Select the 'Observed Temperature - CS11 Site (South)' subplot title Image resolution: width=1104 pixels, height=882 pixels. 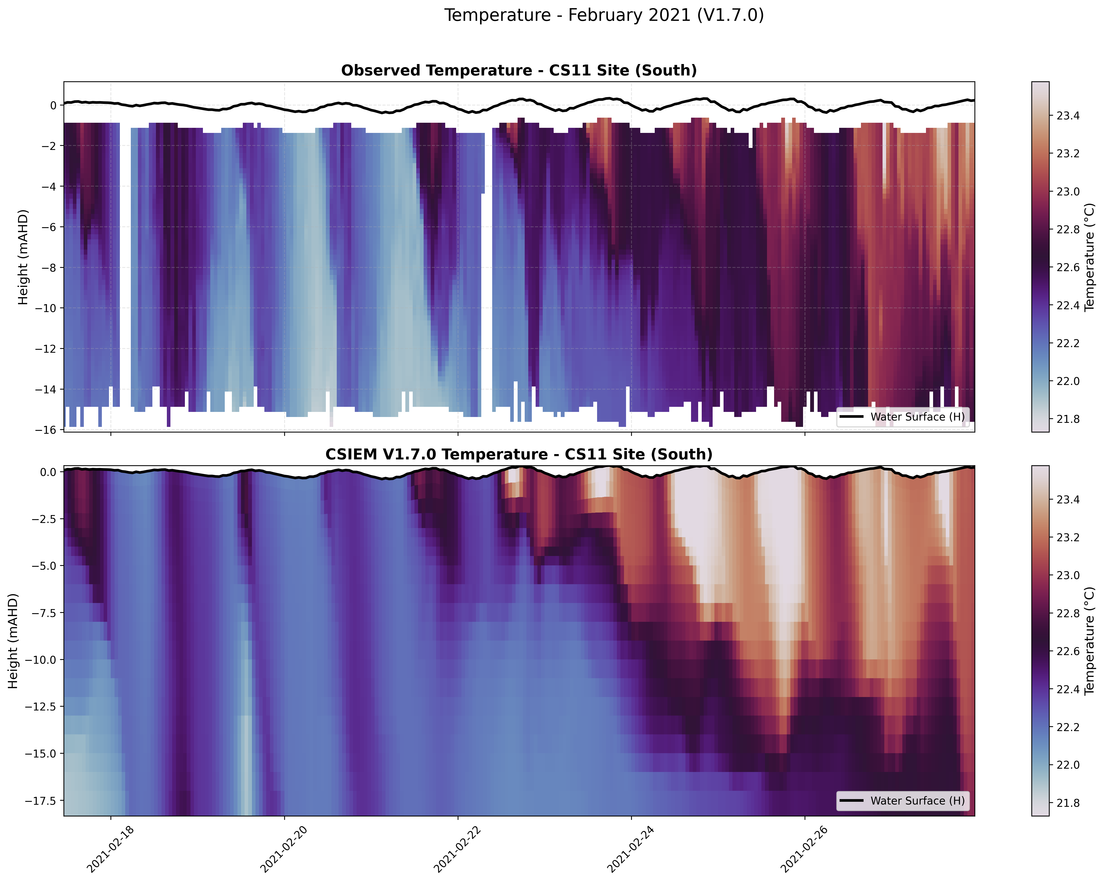(519, 71)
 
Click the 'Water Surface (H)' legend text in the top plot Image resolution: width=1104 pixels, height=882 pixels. (917, 417)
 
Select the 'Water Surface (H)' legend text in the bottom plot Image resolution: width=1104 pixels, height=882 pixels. (917, 801)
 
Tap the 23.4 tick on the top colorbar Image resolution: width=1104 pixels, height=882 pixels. (1068, 116)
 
